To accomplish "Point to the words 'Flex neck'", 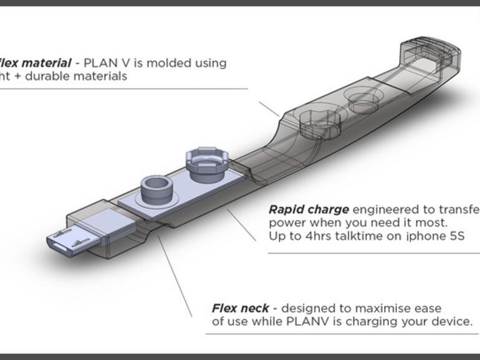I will [x=241, y=308].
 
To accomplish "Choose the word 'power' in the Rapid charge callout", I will [x=285, y=223].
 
